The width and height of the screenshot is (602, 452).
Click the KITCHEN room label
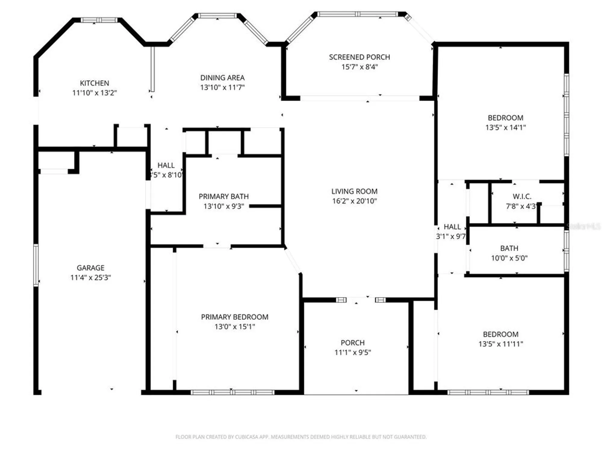tap(94, 83)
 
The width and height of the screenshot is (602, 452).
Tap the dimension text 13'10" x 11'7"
tap(222, 87)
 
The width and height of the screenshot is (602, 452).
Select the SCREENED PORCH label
tap(359, 57)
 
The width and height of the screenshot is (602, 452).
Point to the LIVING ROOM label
tap(354, 191)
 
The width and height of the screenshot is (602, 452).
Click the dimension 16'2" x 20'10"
tap(354, 201)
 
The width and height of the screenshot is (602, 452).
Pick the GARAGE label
tap(90, 268)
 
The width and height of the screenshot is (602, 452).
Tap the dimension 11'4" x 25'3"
tap(90, 278)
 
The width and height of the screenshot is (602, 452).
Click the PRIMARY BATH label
tap(223, 196)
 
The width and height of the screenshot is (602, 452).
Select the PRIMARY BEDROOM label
tap(234, 317)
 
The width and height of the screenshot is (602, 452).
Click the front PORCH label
tap(352, 343)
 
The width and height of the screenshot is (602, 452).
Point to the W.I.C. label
tap(522, 196)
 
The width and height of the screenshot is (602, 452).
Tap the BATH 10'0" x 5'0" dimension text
tap(509, 258)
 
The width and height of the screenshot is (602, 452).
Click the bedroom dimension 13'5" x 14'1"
tap(505, 127)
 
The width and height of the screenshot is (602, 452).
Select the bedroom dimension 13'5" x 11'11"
tap(501, 344)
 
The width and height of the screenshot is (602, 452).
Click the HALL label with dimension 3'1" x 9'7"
tap(452, 227)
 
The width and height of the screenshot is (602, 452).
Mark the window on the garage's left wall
tap(36, 265)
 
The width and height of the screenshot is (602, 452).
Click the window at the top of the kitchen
tap(99, 20)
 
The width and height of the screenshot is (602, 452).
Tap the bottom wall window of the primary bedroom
tap(232, 392)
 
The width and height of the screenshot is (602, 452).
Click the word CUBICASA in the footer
tap(246, 437)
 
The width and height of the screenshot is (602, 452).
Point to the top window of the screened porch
tap(357, 14)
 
